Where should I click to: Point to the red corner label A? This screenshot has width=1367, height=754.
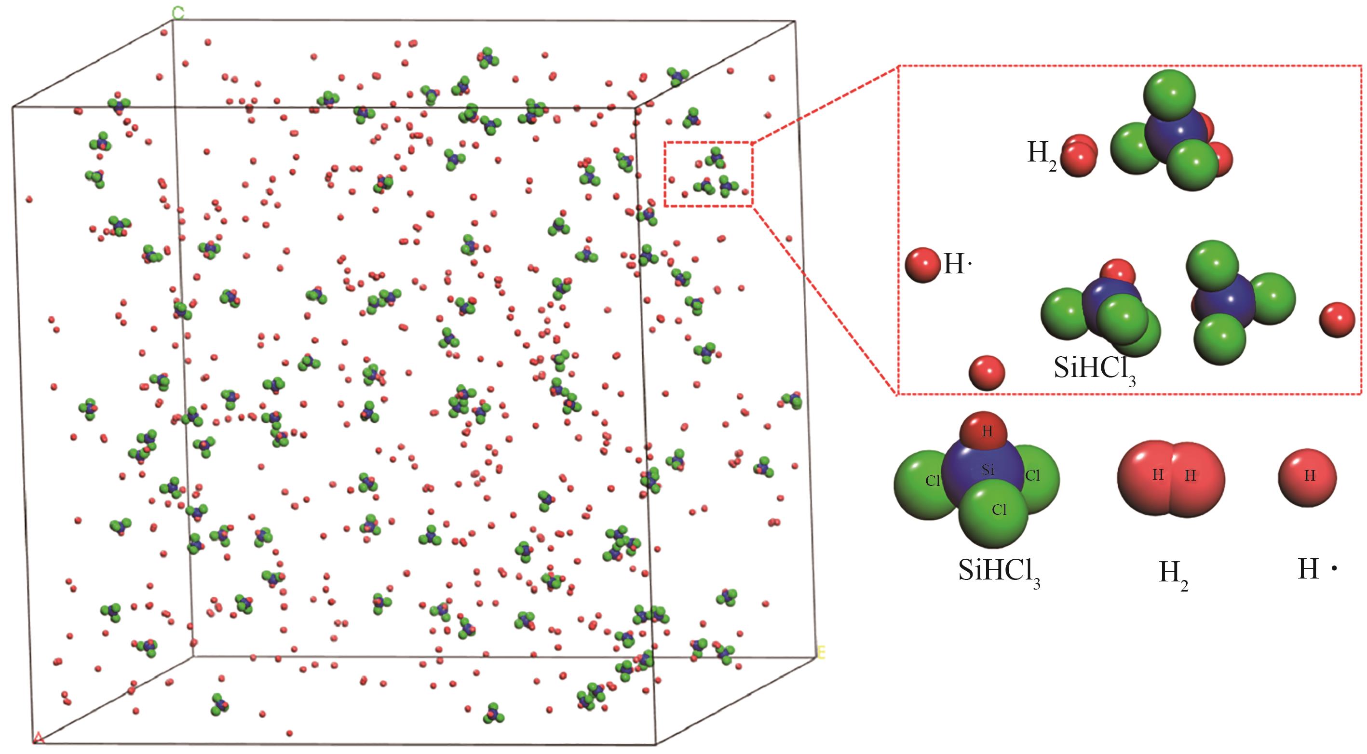[38, 738]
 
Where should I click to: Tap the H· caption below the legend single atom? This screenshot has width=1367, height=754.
[1316, 570]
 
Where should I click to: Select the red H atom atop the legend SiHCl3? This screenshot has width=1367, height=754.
[987, 431]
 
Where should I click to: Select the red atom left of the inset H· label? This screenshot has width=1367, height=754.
[923, 264]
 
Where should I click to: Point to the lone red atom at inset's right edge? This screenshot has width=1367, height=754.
[1337, 320]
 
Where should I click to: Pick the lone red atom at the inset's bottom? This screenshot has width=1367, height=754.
[987, 373]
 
